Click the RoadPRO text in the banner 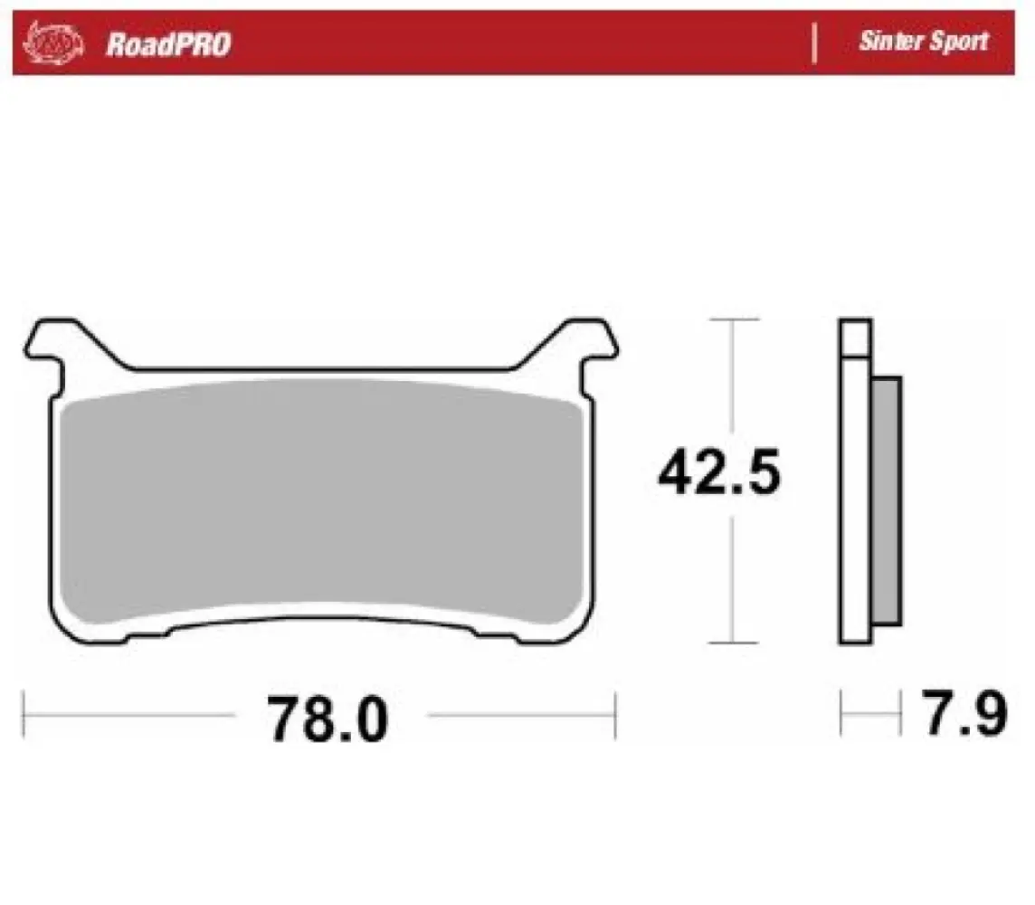168,43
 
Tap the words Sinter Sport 923,42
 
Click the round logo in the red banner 55,42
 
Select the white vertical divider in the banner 815,43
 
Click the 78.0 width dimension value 327,719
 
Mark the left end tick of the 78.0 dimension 24,715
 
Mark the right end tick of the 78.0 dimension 615,715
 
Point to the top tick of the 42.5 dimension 733,319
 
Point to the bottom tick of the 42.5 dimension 733,643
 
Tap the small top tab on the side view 855,337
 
